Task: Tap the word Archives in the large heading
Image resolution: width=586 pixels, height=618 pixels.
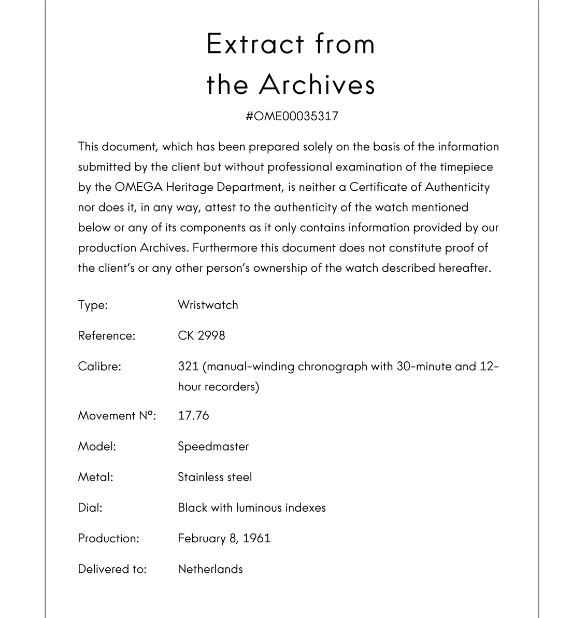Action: pos(317,85)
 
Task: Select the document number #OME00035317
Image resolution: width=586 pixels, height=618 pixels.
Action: pos(292,116)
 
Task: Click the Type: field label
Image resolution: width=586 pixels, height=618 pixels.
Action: pos(93,305)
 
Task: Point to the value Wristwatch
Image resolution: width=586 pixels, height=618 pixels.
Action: pos(208,305)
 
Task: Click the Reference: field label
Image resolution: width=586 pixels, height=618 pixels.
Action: pos(106,335)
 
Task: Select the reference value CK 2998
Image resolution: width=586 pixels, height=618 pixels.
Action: pos(202,335)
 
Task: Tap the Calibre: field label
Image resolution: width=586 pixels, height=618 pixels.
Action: pos(99,366)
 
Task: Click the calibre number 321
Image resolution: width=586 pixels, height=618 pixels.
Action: pos(188,366)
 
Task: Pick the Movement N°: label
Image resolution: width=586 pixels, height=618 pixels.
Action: pos(117,415)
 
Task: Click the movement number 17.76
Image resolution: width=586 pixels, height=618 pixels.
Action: pos(193,415)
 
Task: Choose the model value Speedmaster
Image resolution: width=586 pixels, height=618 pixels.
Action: pos(213,446)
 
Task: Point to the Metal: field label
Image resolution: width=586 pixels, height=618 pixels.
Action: pos(95,477)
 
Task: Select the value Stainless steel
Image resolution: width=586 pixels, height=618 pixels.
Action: pos(215,477)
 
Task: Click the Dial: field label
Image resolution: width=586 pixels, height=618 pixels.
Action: pos(90,508)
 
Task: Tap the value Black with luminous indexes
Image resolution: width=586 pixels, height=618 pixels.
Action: pos(251,508)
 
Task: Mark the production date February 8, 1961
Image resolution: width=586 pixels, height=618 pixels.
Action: pos(224,538)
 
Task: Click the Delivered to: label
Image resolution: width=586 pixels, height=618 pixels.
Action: pos(112,569)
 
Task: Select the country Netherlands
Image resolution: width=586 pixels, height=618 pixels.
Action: pos(210,569)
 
